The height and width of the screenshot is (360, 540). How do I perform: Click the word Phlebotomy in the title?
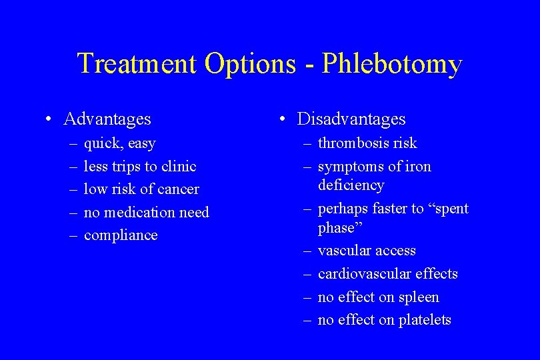[x=392, y=65]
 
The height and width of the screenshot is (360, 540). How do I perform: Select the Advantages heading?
[x=107, y=119]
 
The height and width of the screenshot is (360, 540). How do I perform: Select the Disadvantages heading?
[x=351, y=119]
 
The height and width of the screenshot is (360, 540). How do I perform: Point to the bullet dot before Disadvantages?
[x=283, y=120]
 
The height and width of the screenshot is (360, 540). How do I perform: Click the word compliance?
[x=121, y=235]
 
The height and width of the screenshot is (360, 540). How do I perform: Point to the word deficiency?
[x=351, y=185]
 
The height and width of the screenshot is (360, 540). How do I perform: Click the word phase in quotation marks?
[x=337, y=228]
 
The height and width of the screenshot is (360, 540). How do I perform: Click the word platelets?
[x=425, y=320]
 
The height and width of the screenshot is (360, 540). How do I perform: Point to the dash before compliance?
[x=71, y=235]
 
